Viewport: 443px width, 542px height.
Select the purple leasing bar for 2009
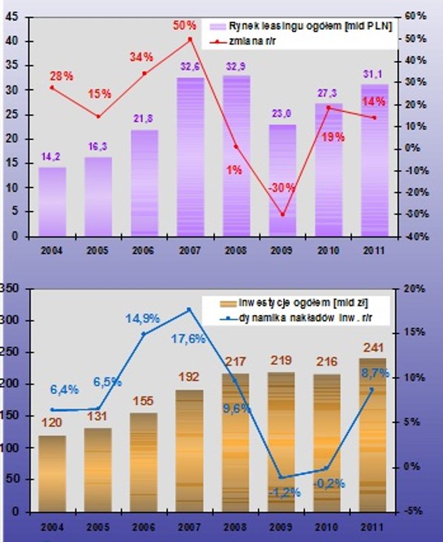click(283, 180)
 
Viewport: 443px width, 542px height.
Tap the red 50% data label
click(184, 25)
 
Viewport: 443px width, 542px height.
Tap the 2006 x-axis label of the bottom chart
click(144, 526)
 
